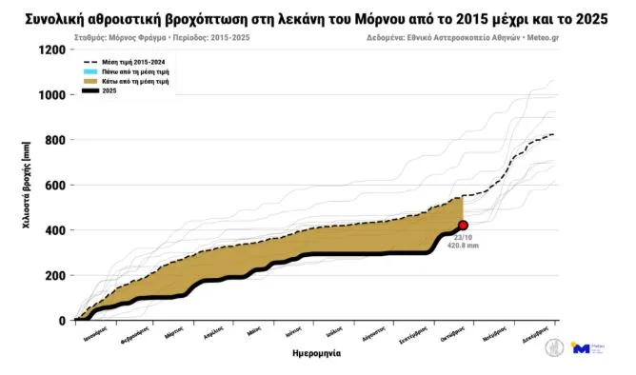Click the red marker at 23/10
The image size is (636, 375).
pos(463,226)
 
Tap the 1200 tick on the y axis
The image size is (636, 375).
pos(50,50)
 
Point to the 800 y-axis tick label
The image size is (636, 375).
pos(53,141)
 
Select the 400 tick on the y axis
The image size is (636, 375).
pos(53,230)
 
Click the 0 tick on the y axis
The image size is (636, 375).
pos(61,321)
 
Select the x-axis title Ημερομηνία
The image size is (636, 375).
pos(317,353)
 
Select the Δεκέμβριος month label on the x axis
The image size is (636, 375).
pos(537,334)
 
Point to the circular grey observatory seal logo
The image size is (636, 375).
pos(554,349)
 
